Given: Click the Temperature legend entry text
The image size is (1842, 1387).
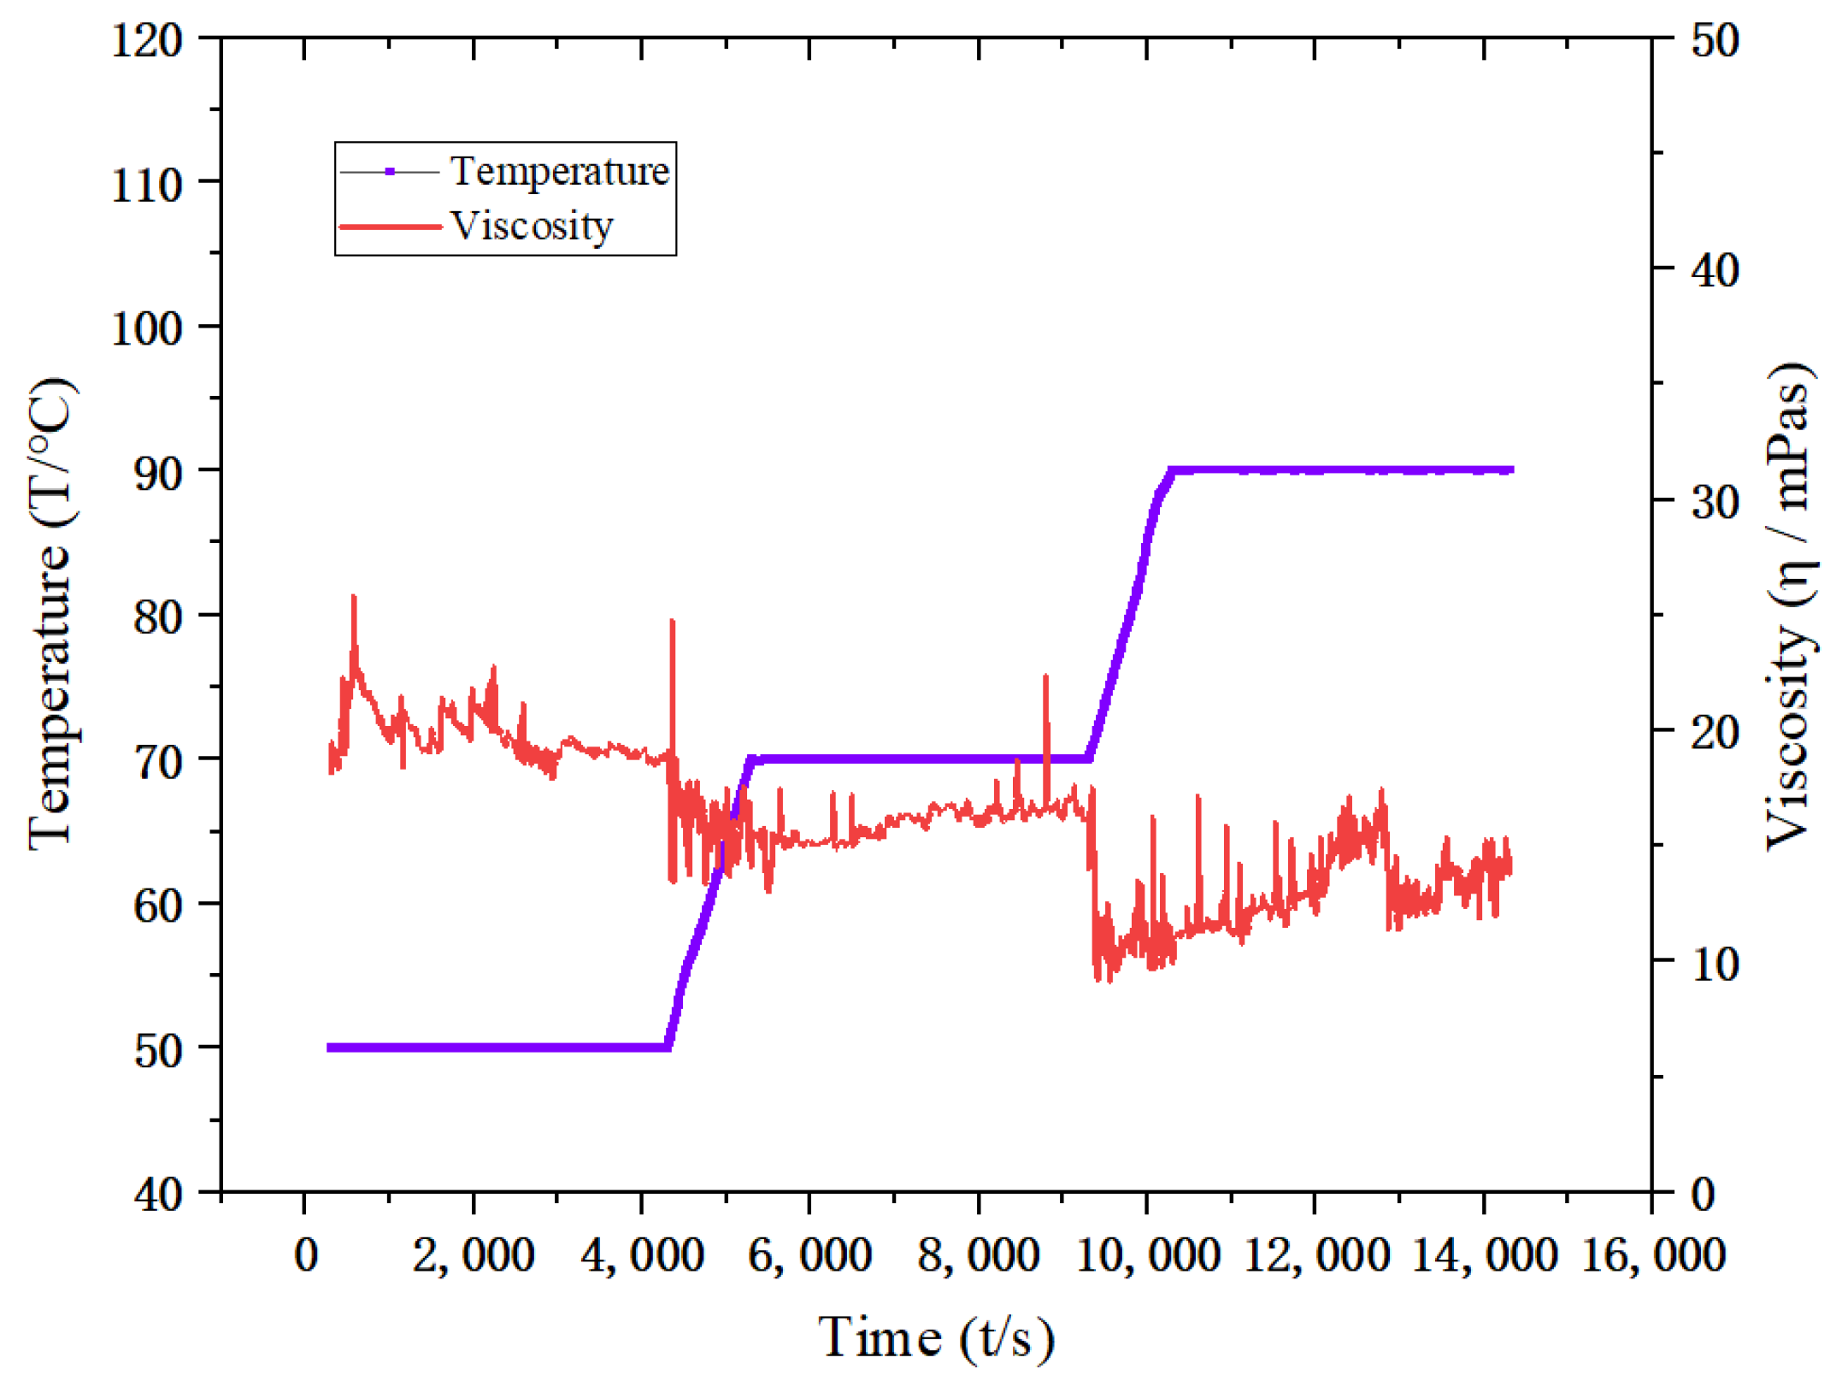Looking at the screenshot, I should click(x=559, y=172).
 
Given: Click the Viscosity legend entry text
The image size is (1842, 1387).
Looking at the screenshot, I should click(x=532, y=227).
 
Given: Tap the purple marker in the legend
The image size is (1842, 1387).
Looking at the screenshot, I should click(x=390, y=172).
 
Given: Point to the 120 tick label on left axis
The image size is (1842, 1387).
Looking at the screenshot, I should click(x=147, y=40).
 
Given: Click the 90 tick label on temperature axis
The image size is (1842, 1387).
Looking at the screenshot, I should click(x=158, y=473).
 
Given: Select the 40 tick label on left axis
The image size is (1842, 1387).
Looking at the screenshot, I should click(x=158, y=1195).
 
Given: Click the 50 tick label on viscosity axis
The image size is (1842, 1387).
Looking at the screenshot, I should click(x=1715, y=40).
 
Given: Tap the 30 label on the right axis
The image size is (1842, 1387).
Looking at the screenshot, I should click(x=1715, y=502).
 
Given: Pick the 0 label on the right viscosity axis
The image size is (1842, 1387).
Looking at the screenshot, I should click(x=1703, y=1195).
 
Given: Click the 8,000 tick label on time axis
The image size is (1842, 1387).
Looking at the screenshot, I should click(x=978, y=1255).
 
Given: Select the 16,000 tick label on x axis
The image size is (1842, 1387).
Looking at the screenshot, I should click(x=1653, y=1255).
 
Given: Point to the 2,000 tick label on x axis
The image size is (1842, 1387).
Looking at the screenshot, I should click(x=473, y=1255).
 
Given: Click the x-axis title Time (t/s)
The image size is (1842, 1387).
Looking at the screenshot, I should click(x=937, y=1337).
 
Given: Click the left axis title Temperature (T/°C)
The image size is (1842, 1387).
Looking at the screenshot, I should click(x=51, y=612).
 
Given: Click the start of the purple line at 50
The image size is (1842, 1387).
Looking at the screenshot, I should click(x=331, y=1048).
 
